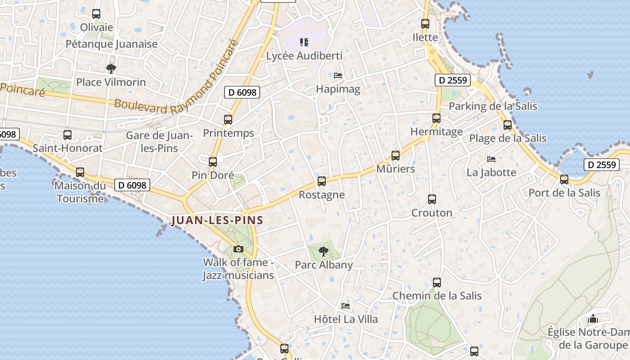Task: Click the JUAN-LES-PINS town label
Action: [217, 220]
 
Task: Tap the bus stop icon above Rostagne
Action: [321, 181]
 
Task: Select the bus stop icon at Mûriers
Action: [396, 156]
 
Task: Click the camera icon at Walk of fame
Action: [238, 249]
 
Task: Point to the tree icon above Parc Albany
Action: [324, 252]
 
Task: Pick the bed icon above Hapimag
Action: [338, 76]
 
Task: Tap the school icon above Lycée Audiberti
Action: [304, 42]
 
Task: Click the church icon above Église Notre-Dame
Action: [593, 319]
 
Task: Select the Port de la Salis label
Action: [564, 193]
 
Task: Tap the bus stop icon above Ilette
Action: [425, 24]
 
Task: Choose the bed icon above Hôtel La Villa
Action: [346, 306]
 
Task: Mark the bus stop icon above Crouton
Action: [432, 199]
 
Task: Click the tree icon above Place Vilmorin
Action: [111, 69]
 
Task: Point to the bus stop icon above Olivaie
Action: [96, 14]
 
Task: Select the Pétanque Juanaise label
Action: [112, 44]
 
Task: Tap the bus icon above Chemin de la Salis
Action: [437, 283]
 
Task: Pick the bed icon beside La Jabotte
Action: [491, 159]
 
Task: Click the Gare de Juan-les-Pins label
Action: [159, 141]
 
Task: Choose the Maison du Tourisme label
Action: [81, 192]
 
